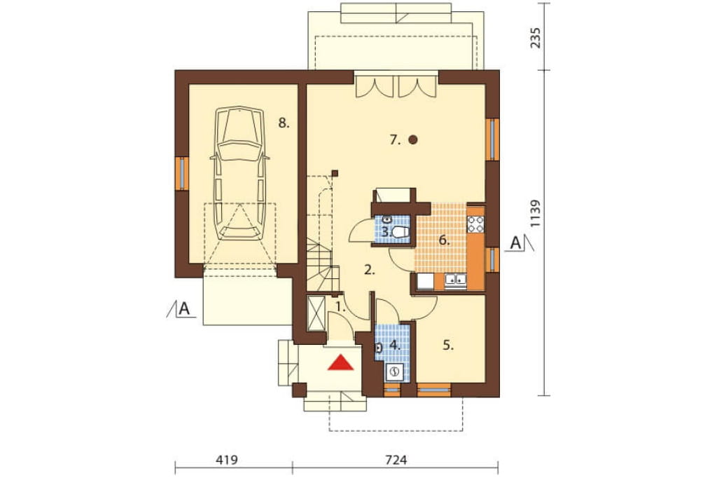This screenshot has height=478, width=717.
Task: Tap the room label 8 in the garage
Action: pos(284,123)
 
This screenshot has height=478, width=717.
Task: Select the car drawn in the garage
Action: pos(239,174)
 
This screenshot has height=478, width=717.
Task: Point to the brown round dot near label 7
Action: pos(413,139)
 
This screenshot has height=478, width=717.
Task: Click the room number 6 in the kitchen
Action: pos(443,240)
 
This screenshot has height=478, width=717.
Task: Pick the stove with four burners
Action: pos(475,224)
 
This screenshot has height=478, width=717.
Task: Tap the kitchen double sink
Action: pos(455,280)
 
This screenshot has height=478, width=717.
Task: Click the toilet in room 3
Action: pos(400,232)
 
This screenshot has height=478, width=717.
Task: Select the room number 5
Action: pos(448,346)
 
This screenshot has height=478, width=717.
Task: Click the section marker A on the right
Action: pos(515,243)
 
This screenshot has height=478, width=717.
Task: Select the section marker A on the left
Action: pos(184,308)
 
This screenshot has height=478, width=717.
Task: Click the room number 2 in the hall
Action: pos(370,270)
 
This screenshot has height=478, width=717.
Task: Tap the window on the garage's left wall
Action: pos(182,174)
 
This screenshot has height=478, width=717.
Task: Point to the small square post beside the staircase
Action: pos(335,173)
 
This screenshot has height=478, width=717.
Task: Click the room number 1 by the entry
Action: pos(340,307)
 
